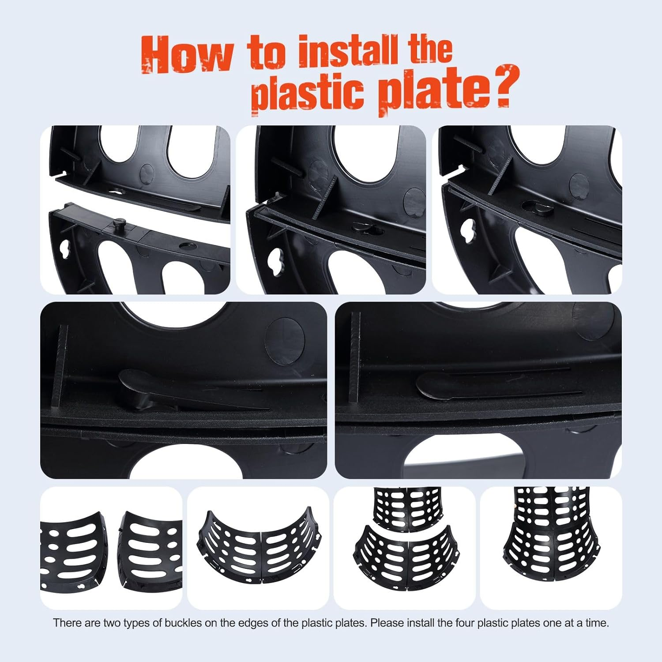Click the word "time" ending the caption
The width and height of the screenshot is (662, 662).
coord(597,623)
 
